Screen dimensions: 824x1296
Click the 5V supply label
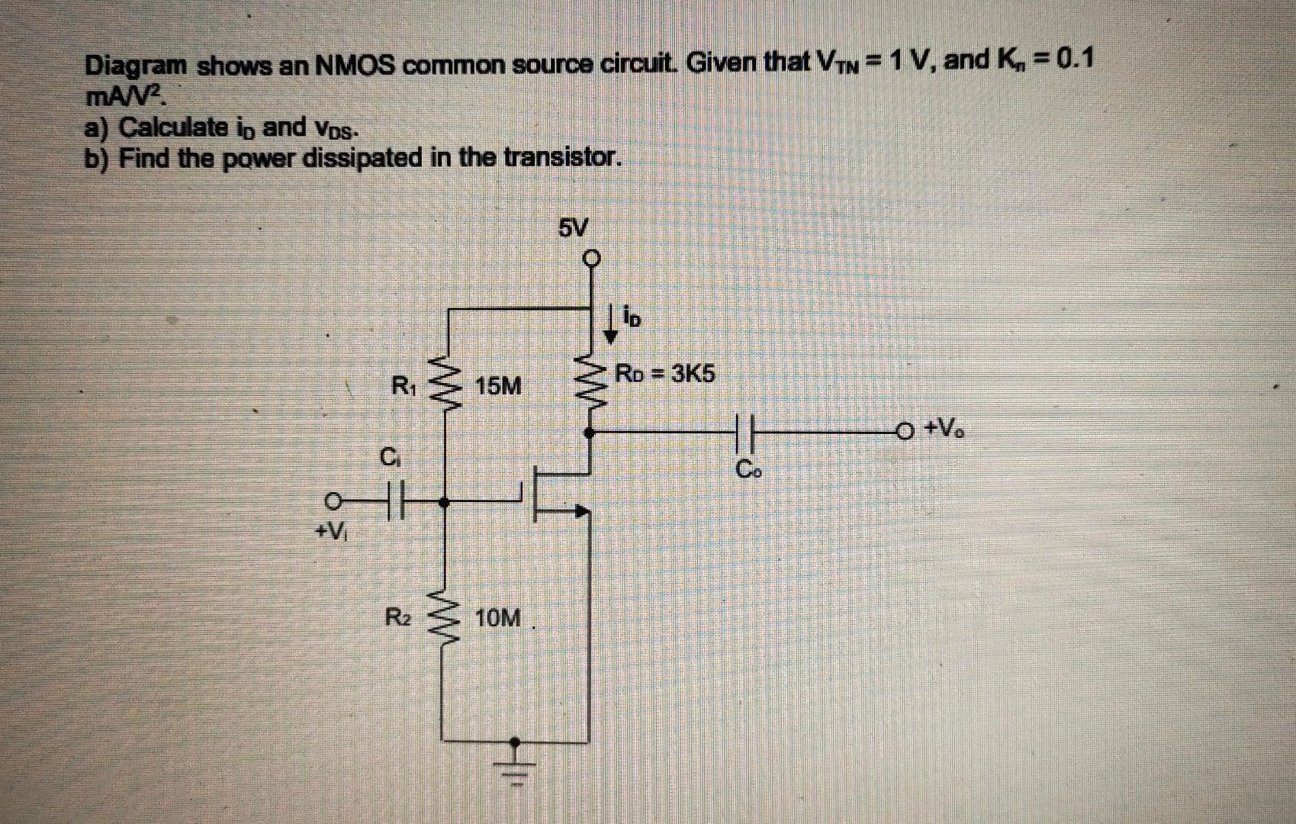[x=574, y=227]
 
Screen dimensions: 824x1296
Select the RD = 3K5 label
[x=665, y=375]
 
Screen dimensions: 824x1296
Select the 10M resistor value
[x=498, y=618]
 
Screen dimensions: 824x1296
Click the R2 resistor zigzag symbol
[x=446, y=618]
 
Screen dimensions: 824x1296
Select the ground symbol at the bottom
[x=516, y=763]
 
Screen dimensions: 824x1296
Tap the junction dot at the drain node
[x=589, y=432]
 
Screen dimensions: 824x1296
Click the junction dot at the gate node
[x=446, y=502]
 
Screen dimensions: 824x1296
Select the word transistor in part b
[x=566, y=158]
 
